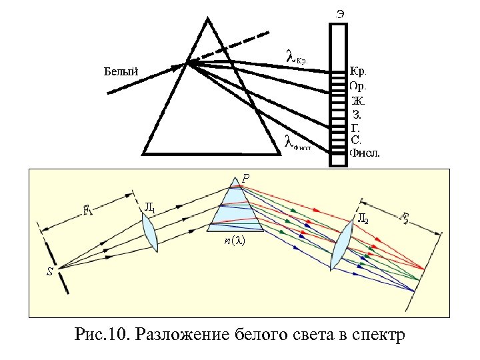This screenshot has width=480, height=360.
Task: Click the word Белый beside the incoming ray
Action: click(x=121, y=70)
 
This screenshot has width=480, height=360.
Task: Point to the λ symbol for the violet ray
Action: click(x=288, y=141)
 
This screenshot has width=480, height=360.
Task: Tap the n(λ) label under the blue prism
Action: click(x=233, y=242)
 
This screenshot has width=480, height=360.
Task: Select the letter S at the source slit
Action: click(x=49, y=272)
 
